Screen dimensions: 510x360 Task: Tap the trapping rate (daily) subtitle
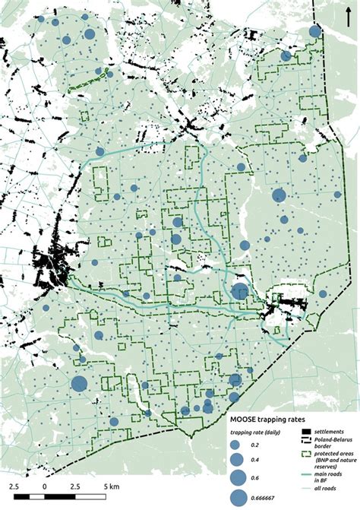[x=255, y=432]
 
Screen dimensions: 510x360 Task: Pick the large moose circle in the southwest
[x=79, y=384]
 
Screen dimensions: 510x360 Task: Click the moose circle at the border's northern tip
[x=314, y=32]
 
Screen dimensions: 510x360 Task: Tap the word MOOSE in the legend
[x=245, y=417]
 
